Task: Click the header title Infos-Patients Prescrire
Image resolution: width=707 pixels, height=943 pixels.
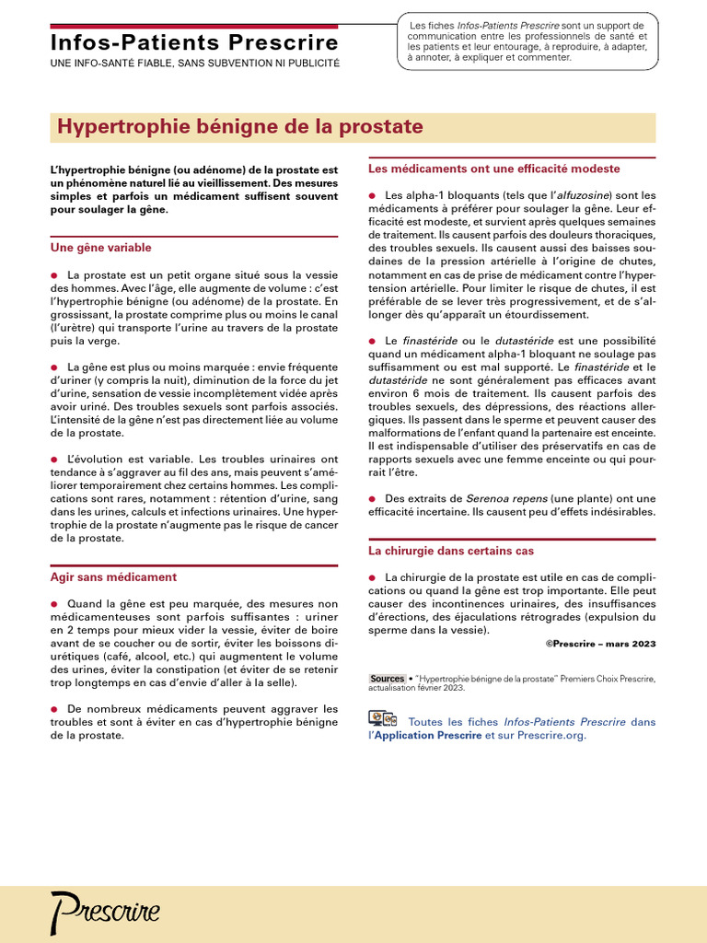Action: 193,42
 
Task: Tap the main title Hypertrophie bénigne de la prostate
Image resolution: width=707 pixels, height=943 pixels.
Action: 240,126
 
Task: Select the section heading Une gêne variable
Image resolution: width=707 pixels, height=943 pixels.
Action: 100,248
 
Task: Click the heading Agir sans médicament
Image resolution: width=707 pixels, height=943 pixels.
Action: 112,577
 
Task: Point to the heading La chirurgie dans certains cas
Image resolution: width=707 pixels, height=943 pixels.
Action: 450,551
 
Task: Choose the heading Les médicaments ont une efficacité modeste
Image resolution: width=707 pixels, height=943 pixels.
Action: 493,169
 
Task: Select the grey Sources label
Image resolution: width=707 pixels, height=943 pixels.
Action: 387,679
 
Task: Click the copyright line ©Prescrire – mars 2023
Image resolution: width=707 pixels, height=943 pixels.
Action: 600,644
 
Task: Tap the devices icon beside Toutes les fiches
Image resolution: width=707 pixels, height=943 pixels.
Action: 382,719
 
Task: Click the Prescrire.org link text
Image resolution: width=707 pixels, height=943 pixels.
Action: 551,736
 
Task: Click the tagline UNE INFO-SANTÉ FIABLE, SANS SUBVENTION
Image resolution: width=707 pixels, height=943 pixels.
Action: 193,64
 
